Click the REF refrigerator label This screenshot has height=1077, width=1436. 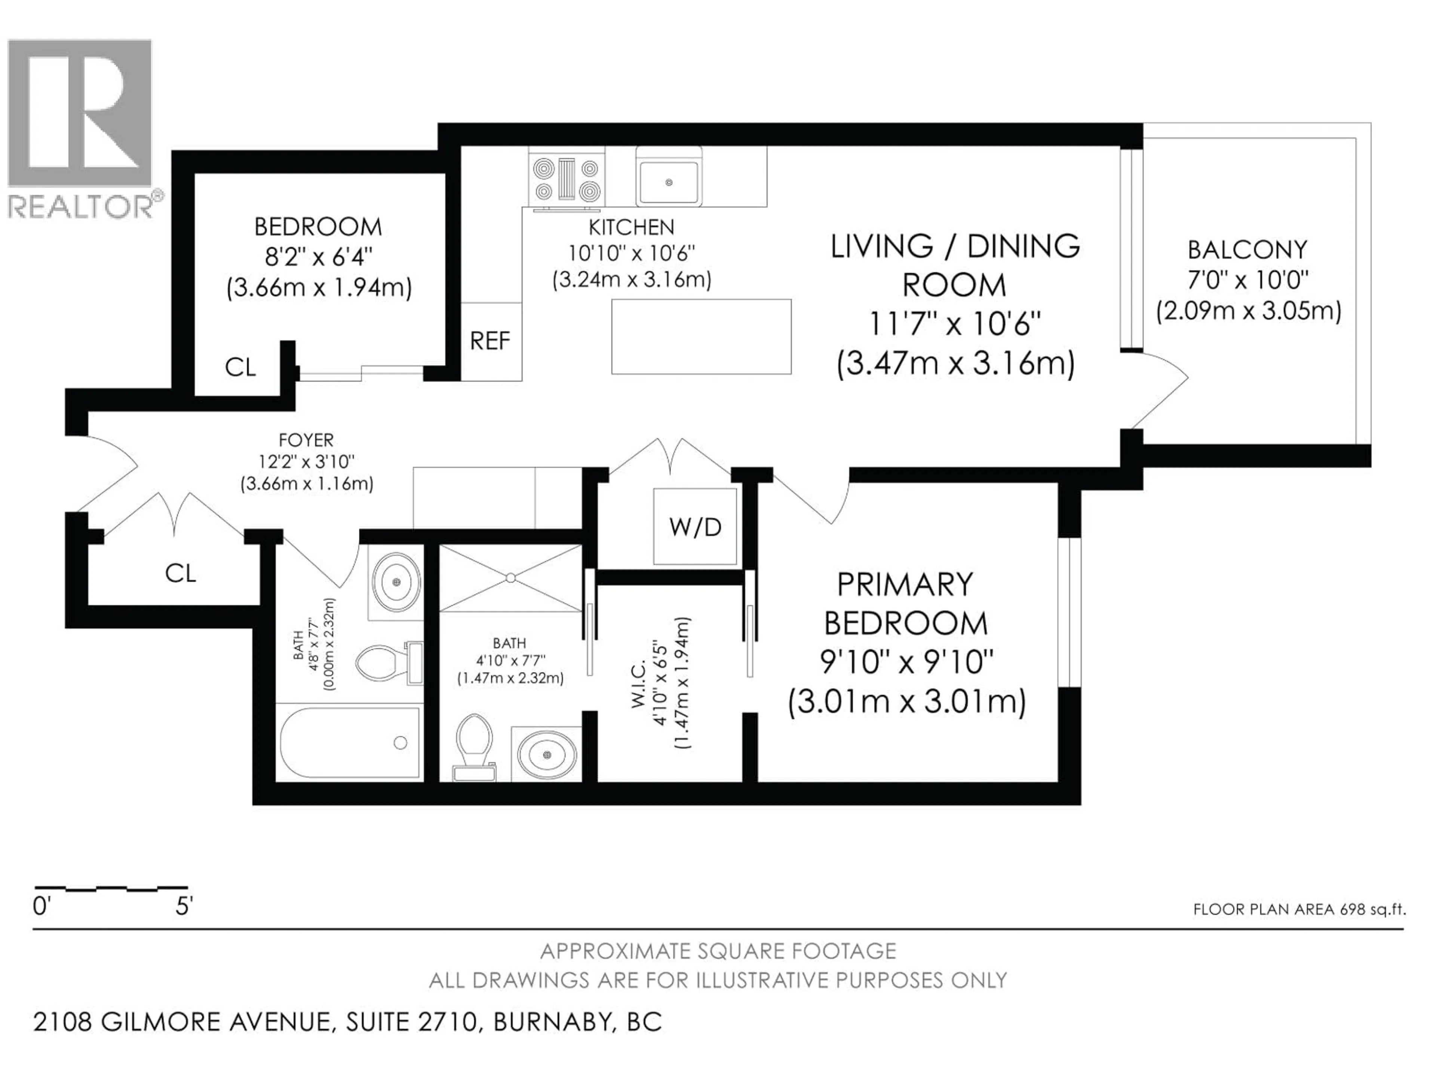pos(490,341)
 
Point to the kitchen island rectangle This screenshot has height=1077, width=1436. pos(701,336)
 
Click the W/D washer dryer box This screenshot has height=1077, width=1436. pos(695,527)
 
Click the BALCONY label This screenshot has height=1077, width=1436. pos(1247,250)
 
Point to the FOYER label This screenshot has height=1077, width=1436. pos(306,440)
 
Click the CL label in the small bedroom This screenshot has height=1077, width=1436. pos(240,368)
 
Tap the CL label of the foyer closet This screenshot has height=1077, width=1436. pos(181,573)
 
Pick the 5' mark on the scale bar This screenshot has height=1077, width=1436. pos(184,906)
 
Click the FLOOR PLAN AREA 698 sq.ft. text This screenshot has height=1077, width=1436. pos(1299,909)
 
